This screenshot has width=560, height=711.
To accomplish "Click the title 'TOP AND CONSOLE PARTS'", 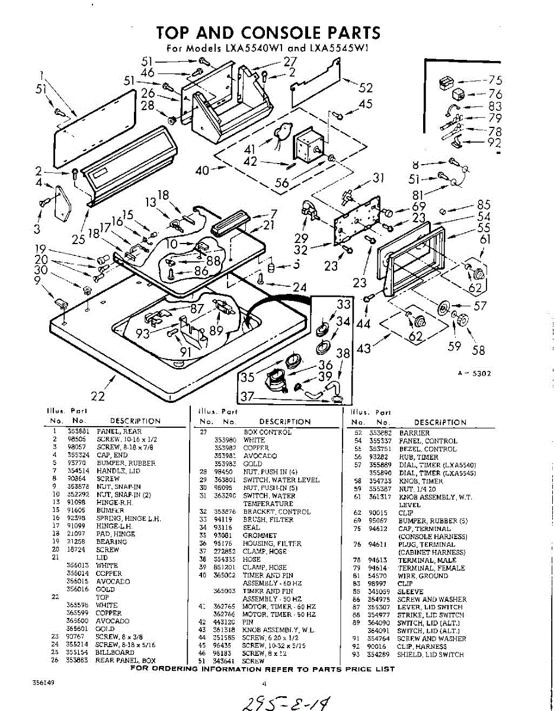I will [268, 32].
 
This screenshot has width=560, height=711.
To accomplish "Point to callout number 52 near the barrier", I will [366, 88].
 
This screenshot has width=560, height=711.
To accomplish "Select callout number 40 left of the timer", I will [202, 170].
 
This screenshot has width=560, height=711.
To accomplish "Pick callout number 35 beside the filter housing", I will [247, 377].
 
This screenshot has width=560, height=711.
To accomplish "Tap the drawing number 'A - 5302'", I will [473, 373].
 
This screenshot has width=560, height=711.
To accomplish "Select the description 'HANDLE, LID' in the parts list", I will [117, 470].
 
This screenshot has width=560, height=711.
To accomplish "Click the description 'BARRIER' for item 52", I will [414, 433].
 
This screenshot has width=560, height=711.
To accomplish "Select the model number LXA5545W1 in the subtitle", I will [338, 49].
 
